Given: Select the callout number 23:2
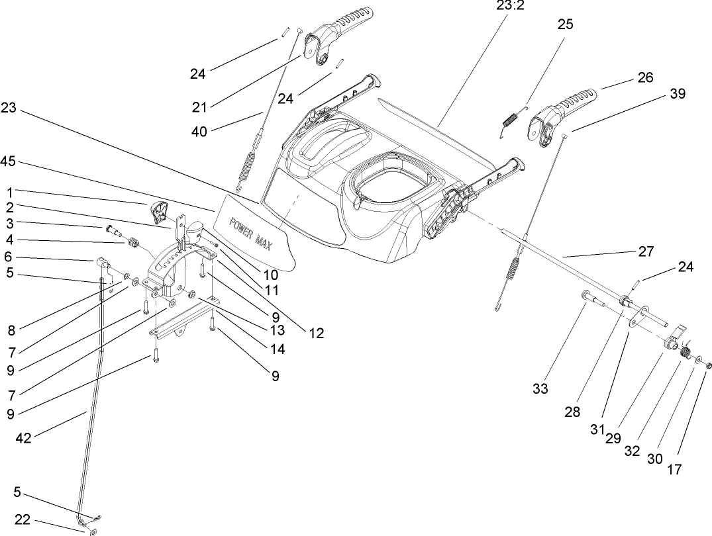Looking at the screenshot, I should point(510,6).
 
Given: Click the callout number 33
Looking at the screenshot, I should point(540,389).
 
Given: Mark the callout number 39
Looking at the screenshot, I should point(676,94).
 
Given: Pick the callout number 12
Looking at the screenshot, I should point(316,334).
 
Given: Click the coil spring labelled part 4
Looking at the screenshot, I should point(133,244).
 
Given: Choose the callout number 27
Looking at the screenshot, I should point(645,251).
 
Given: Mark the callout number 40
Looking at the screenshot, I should point(199,131).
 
